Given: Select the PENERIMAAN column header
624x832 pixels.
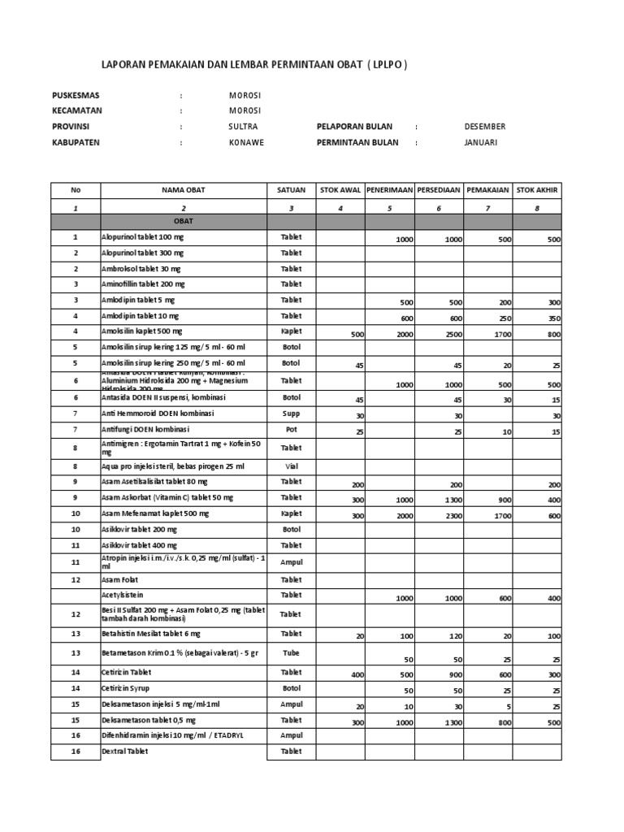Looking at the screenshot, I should [x=389, y=189].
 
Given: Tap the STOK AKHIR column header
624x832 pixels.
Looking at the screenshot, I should [x=538, y=189].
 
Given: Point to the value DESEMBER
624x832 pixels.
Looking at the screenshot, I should [x=484, y=126].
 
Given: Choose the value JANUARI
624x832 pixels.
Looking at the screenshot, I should [x=481, y=141].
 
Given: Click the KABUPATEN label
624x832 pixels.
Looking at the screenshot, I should [x=78, y=141].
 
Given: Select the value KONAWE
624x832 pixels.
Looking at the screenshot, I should [x=246, y=141].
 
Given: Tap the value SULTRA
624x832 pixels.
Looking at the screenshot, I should [x=243, y=126].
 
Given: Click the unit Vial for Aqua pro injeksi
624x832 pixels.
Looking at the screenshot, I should [x=291, y=466].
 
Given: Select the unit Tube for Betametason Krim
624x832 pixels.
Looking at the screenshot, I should [x=291, y=652].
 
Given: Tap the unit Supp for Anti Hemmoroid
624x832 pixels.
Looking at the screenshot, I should [x=291, y=413].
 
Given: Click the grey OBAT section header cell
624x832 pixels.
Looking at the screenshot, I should [x=183, y=221].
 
